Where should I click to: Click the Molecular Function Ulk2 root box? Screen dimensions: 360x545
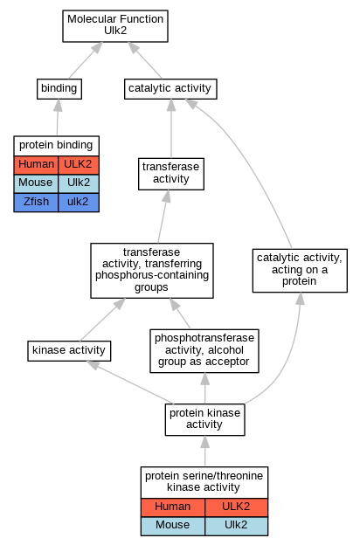(x=115, y=26)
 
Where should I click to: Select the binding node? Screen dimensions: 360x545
(x=59, y=89)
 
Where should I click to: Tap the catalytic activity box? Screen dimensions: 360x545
(x=170, y=89)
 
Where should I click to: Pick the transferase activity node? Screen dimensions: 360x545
(x=171, y=174)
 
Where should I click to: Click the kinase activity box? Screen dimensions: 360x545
(x=69, y=351)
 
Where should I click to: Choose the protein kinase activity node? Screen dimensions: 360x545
(x=204, y=419)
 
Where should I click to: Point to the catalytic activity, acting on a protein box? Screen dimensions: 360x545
(x=300, y=271)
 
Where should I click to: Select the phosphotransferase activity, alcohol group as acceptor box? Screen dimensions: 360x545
(x=204, y=351)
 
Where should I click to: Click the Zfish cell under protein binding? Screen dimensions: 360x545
(x=36, y=203)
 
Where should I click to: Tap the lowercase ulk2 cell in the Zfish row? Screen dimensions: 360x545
(x=79, y=203)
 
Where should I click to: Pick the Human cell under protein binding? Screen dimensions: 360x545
(x=36, y=165)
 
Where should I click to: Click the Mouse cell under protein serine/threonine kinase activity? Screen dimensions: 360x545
(x=173, y=526)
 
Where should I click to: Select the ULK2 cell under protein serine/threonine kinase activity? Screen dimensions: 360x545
(x=236, y=507)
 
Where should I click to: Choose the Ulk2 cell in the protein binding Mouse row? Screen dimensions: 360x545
(x=79, y=183)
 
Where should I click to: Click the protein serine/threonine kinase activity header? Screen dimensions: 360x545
(x=204, y=482)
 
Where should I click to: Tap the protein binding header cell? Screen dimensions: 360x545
(x=56, y=146)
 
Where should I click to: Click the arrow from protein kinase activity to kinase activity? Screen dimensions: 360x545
(x=129, y=383)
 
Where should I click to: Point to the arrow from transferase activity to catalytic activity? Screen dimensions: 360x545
(x=171, y=128)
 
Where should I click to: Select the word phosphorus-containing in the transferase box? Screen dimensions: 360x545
(x=152, y=275)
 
